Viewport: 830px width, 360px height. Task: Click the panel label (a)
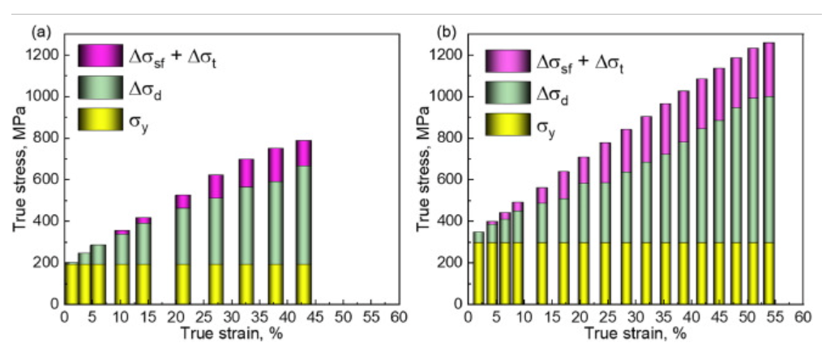coord(37,33)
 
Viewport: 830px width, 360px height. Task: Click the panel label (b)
coord(445,33)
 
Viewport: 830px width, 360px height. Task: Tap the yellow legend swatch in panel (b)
coord(507,124)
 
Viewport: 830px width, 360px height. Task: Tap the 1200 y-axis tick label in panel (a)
coord(45,55)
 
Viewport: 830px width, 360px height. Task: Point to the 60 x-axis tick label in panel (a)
coord(396,316)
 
